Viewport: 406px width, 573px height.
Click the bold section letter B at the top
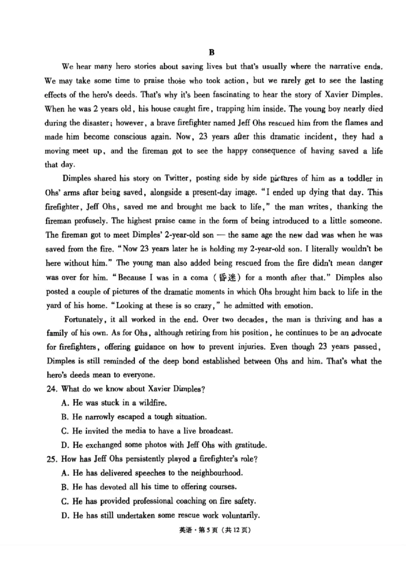point(212,52)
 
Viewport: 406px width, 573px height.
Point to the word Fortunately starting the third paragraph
point(84,319)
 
